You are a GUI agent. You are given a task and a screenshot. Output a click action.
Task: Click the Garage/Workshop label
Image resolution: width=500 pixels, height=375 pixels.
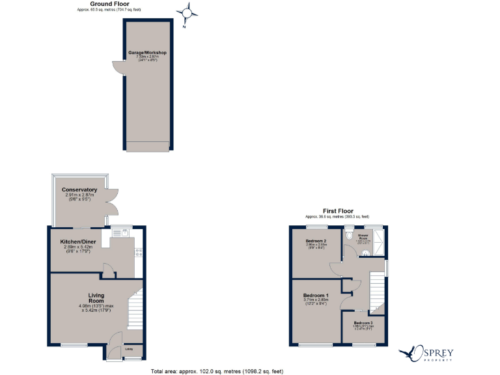147,52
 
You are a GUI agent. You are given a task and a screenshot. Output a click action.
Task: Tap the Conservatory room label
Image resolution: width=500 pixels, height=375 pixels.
79,189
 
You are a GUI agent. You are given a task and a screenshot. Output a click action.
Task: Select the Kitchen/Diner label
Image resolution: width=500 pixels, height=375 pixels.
77,241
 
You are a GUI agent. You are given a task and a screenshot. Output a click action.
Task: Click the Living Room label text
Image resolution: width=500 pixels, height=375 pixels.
96,298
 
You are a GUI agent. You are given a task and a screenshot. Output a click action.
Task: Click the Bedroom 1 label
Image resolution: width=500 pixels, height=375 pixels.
316,296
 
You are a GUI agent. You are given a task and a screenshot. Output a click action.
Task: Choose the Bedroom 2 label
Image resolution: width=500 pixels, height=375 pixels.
316,240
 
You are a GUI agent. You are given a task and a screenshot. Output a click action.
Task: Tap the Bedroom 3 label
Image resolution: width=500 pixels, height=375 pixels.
364,323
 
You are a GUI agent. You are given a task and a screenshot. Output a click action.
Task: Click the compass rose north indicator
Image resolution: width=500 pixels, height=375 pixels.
187,13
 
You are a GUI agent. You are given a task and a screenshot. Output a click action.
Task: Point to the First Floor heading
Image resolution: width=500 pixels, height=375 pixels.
338,211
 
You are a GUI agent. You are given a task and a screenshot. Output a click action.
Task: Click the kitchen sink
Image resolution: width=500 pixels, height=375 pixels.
119,231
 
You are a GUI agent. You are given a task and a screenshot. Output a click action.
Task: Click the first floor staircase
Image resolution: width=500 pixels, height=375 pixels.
377,290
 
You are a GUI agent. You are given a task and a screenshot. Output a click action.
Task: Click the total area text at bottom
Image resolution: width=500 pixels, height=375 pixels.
217,371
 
